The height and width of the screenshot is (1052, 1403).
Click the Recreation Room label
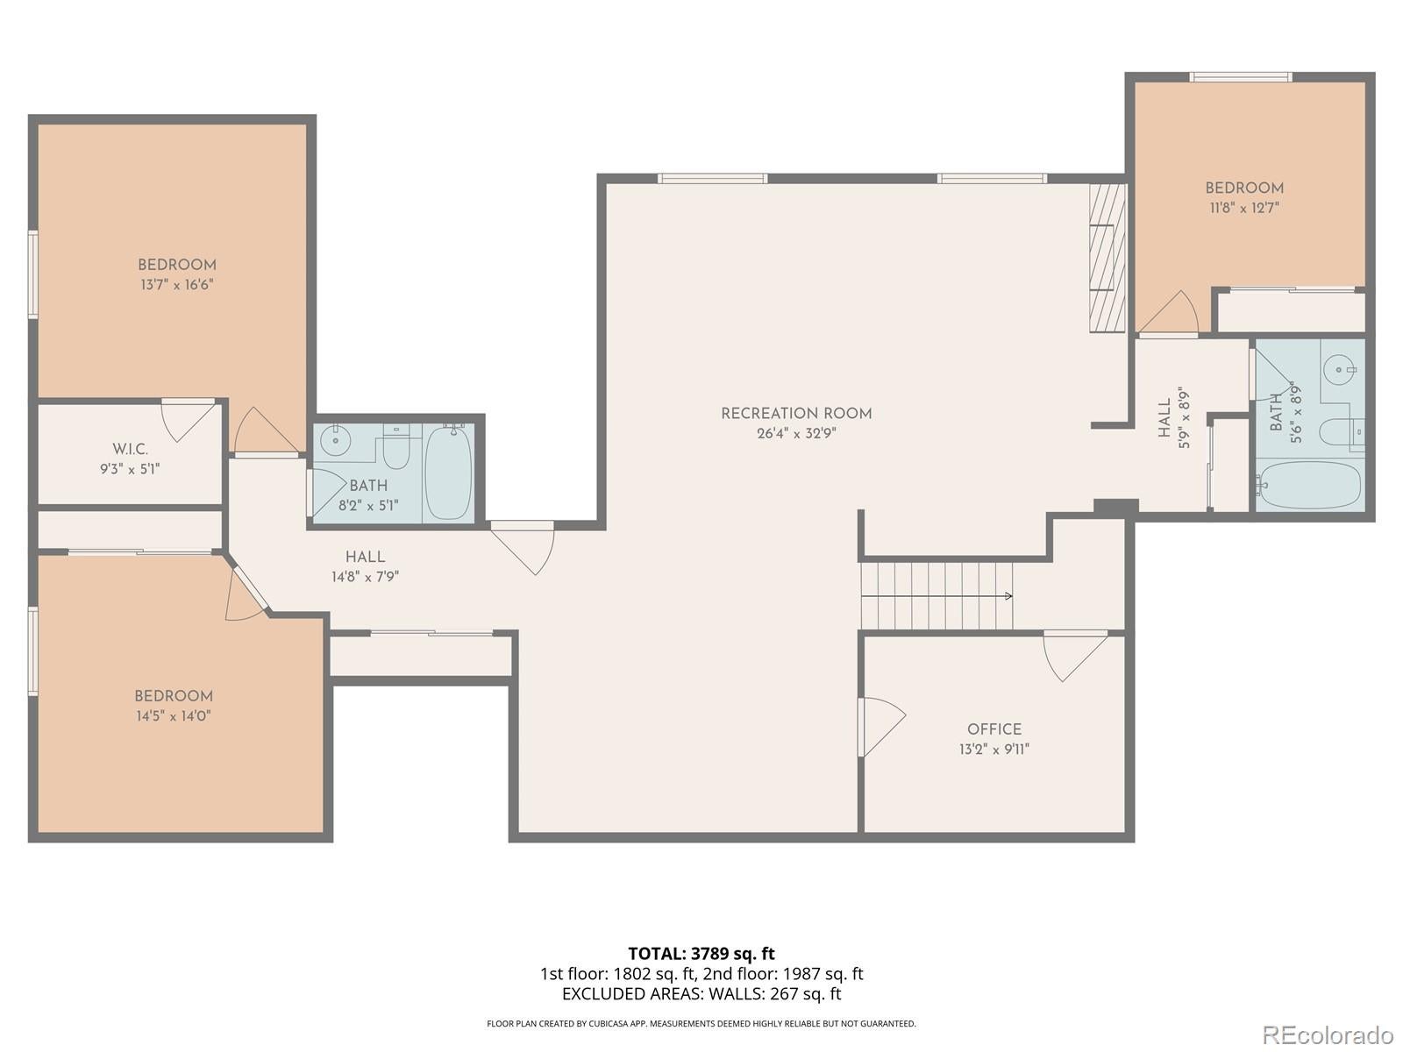pos(796,414)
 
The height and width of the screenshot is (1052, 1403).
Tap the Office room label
pos(993,729)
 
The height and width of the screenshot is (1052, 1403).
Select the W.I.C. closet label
pos(131,450)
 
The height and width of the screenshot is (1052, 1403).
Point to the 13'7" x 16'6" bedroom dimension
pos(177,285)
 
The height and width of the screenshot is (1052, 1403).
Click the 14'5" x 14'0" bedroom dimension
pos(174,716)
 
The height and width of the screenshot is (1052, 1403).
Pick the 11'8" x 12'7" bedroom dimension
pos(1243,209)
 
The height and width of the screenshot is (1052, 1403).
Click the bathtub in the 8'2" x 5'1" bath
pos(448,472)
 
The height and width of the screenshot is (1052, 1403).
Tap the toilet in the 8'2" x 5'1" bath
pos(395,446)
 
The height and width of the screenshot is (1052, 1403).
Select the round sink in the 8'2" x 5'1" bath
pos(336,440)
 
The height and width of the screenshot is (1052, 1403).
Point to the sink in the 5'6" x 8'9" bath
pos(1339,368)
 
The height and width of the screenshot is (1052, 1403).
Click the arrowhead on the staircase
pos(1008,596)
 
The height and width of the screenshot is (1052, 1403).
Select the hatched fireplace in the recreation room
pos(1107,258)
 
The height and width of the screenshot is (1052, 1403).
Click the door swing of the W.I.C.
pos(188,420)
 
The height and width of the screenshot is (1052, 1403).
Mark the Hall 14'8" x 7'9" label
pos(365,566)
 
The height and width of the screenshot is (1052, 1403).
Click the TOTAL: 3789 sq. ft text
pos(701,954)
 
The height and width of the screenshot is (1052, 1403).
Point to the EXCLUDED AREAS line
pos(701,994)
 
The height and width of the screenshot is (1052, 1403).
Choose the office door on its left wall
pos(880,726)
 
